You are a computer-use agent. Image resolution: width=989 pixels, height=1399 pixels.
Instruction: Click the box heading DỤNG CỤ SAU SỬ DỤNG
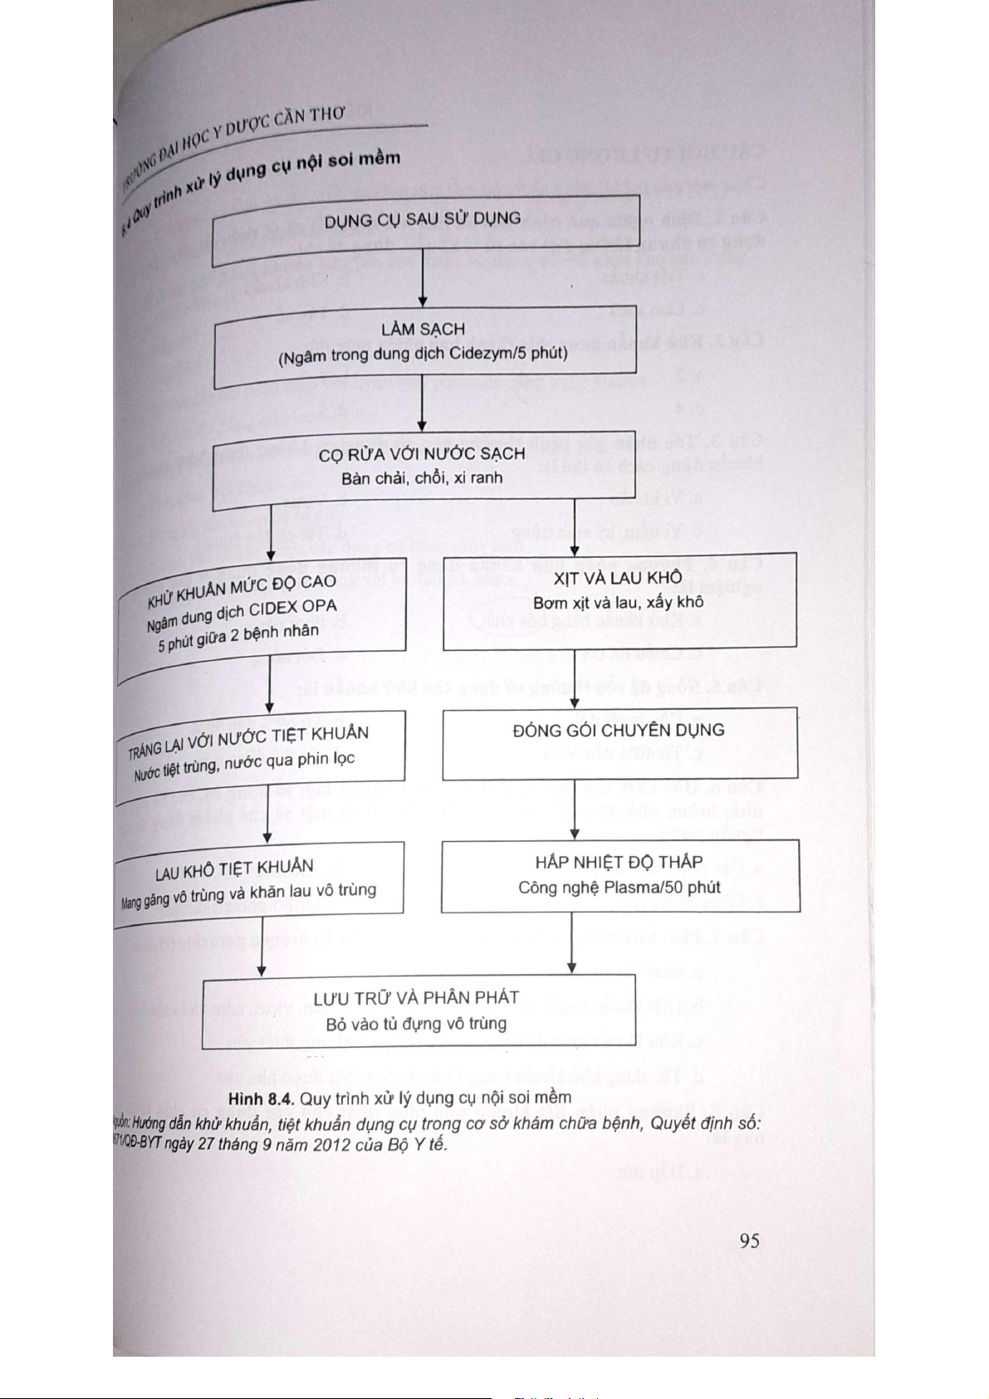[422, 220]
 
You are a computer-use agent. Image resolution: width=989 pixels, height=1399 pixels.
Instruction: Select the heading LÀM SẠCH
[423, 330]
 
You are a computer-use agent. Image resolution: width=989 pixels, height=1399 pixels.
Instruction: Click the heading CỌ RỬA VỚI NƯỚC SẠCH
[422, 454]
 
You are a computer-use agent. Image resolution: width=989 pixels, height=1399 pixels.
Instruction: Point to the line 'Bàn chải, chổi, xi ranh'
[422, 478]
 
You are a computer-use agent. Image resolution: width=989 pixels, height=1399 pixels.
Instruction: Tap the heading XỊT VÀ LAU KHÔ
[618, 578]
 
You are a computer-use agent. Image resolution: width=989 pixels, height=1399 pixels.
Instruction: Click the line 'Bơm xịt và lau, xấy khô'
[618, 602]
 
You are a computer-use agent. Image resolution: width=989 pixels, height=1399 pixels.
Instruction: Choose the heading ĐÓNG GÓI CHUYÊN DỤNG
[619, 731]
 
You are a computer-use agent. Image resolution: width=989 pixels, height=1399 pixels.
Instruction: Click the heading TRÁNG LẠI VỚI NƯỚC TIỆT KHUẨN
[248, 741]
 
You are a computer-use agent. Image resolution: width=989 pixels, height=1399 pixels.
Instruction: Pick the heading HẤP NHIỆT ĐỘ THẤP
[619, 862]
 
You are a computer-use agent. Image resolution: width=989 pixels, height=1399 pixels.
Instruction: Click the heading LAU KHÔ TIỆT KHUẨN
[234, 869]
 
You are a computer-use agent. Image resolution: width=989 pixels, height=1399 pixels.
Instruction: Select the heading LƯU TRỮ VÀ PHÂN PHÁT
[416, 998]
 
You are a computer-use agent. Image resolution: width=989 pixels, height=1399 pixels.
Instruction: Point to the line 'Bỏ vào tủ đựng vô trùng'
[416, 1024]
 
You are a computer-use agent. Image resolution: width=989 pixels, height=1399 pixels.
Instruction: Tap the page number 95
[749, 1240]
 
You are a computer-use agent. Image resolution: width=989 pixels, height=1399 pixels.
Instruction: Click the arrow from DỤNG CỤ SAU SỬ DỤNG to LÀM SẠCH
[423, 285]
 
